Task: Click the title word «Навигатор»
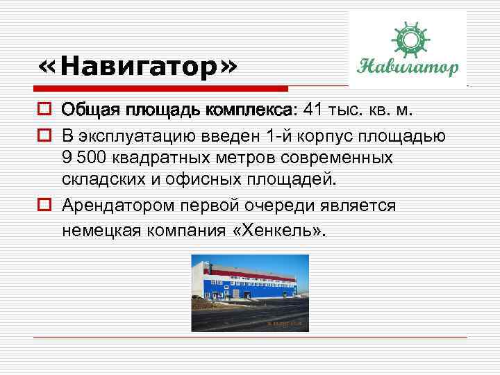click(x=139, y=67)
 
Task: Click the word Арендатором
click(x=118, y=206)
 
